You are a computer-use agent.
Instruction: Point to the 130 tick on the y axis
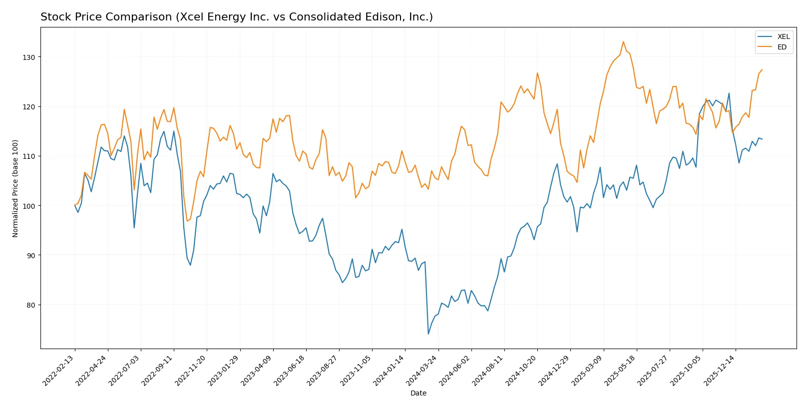pos(29,57)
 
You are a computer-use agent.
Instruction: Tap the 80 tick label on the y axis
pos(31,305)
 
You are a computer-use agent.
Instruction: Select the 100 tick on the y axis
pos(29,206)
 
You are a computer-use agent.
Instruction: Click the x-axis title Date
pos(418,394)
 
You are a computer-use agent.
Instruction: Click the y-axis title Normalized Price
pos(15,188)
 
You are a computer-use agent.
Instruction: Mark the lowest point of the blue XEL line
pos(428,334)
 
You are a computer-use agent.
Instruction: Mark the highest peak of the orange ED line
pos(623,42)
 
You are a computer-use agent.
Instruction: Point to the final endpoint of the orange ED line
pos(762,69)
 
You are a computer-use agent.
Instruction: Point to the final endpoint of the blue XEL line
pos(762,139)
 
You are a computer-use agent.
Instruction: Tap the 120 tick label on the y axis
pos(29,107)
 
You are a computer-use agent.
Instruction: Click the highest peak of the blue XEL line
pos(729,93)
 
